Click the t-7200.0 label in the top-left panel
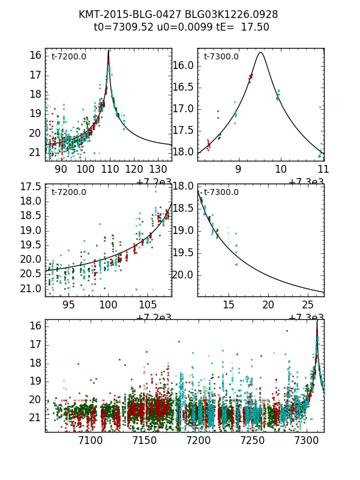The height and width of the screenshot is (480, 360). pos(69,56)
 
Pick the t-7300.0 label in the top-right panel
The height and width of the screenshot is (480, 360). pos(221,56)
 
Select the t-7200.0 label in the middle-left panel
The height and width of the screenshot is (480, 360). pos(69,192)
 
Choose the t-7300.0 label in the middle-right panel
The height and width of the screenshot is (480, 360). pos(221,192)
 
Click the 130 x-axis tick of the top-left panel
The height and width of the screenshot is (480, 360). pos(158,169)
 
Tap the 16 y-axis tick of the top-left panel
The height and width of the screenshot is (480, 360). pos(35,55)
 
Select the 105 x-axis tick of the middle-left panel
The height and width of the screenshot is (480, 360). pos(148,304)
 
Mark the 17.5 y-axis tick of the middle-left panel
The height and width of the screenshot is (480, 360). pos(31,187)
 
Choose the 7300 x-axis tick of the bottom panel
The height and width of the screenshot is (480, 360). pos(306,440)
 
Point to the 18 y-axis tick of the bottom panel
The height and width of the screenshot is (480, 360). pos(35,362)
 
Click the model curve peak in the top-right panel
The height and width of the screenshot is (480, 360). pos(260,52)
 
